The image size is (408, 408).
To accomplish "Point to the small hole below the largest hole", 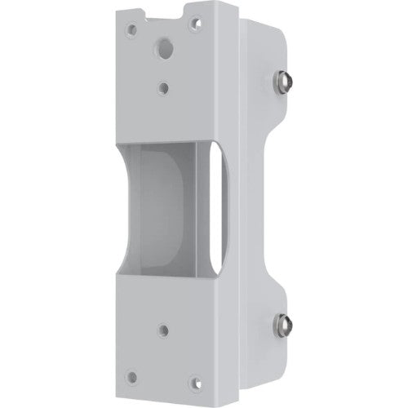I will [x=166, y=86].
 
